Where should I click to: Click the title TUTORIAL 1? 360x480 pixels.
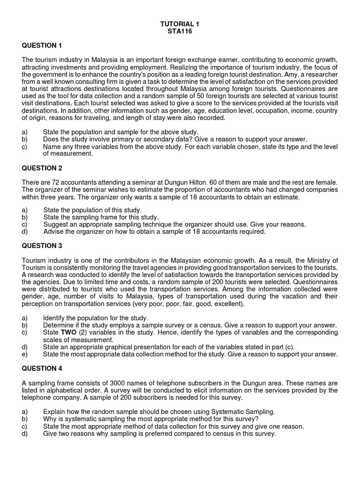180,23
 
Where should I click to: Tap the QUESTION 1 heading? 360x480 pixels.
42,45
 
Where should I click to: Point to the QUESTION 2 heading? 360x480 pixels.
42,168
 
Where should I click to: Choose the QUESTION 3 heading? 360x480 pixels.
42,245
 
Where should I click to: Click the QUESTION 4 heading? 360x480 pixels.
42,368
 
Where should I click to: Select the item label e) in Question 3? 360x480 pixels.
25,354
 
